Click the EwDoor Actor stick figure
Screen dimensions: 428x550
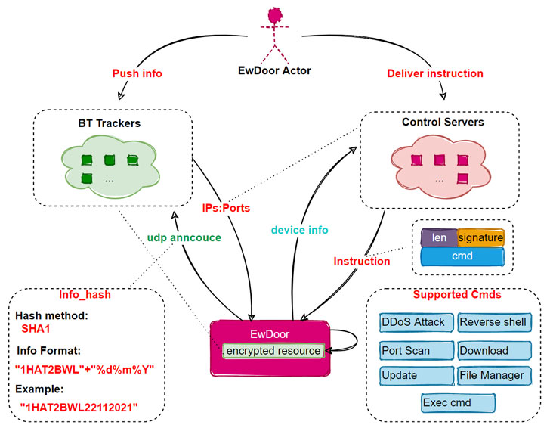[275, 34]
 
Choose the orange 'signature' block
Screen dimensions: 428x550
[480, 238]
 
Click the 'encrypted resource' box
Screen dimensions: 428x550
[271, 351]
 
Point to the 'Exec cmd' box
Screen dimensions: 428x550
[458, 402]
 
